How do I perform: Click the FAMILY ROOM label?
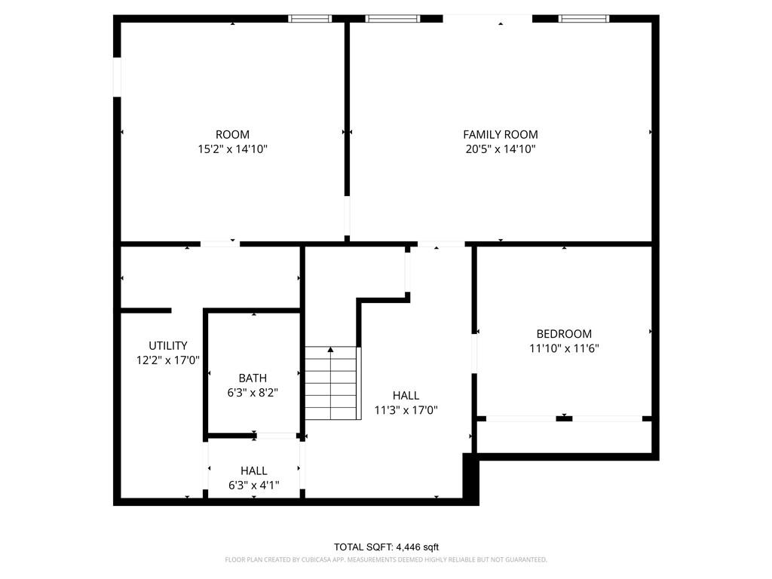[x=501, y=134]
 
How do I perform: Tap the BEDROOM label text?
[x=564, y=334]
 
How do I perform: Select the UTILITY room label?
[x=168, y=345]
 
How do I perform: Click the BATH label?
[x=253, y=378]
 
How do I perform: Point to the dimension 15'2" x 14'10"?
[x=232, y=149]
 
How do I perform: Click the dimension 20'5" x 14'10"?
[x=501, y=149]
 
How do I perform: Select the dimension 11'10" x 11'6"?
[x=564, y=348]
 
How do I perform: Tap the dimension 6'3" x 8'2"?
[x=253, y=392]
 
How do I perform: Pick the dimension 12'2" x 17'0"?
[x=168, y=360]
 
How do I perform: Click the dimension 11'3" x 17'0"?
[x=406, y=409]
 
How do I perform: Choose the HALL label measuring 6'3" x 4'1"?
[x=253, y=470]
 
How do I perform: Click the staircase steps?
[x=331, y=383]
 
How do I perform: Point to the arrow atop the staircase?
[x=331, y=350]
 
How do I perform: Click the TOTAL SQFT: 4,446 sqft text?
[x=386, y=547]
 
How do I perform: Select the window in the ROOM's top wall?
[x=310, y=19]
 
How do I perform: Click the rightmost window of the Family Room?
[x=584, y=19]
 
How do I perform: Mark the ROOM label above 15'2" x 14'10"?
[x=232, y=134]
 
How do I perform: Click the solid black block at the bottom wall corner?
[x=470, y=479]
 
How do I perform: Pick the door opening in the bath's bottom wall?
[x=276, y=436]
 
